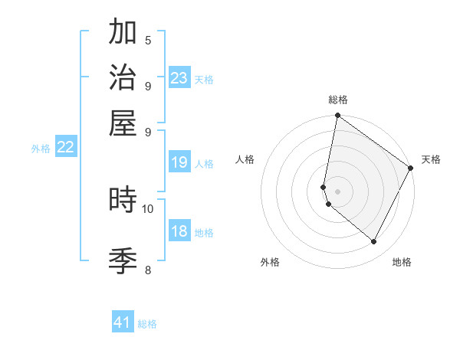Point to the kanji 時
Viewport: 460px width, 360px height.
tap(123, 200)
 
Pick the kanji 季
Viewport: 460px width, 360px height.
tap(123, 260)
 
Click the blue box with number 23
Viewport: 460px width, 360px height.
tap(179, 78)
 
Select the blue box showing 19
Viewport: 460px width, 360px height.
tap(179, 162)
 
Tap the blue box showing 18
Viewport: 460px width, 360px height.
tap(179, 232)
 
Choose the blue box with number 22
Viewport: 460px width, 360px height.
tap(65, 148)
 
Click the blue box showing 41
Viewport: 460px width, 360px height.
tap(123, 323)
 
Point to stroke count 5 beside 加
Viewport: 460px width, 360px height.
tap(148, 40)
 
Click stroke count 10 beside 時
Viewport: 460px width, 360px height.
tap(148, 208)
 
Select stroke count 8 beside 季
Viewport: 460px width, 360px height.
tap(148, 270)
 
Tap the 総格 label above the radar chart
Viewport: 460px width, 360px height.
tap(338, 100)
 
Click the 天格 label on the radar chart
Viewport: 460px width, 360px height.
tap(431, 159)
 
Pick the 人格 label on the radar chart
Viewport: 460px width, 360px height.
tap(245, 159)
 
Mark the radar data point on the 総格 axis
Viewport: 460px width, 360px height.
tap(337, 116)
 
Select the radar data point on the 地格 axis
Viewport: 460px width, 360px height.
tap(374, 242)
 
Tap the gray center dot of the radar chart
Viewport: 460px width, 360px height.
tap(337, 191)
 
